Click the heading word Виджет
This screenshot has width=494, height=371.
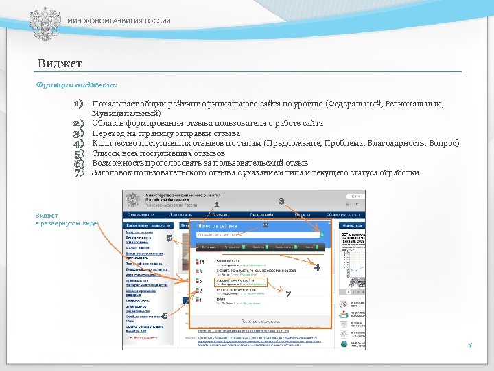(60, 64)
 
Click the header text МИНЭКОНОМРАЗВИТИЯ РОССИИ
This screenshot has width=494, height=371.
(119, 21)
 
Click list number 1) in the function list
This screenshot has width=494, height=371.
(78, 104)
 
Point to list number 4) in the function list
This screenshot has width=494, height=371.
(78, 144)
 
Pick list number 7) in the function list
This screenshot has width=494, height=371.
(78, 173)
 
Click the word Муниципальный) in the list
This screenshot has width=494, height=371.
(127, 113)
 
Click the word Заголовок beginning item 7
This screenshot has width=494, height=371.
(114, 173)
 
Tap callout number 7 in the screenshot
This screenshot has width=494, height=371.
(289, 294)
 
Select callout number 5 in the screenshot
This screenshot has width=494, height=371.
(169, 238)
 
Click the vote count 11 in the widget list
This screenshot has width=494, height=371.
(200, 262)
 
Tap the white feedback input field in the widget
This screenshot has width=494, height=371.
(257, 234)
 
